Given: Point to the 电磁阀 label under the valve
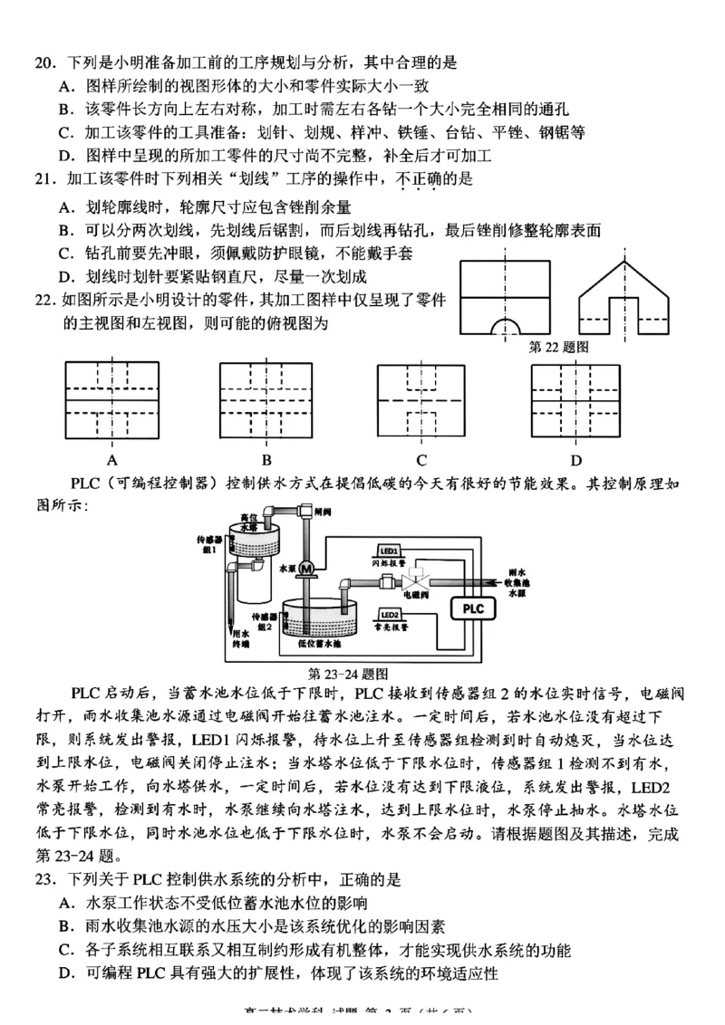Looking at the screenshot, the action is (426, 599).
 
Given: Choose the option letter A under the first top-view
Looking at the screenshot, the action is (111, 458).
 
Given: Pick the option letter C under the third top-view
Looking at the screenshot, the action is (422, 458).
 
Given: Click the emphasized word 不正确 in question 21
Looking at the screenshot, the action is (418, 179).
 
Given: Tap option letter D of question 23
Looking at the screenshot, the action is (66, 973).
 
